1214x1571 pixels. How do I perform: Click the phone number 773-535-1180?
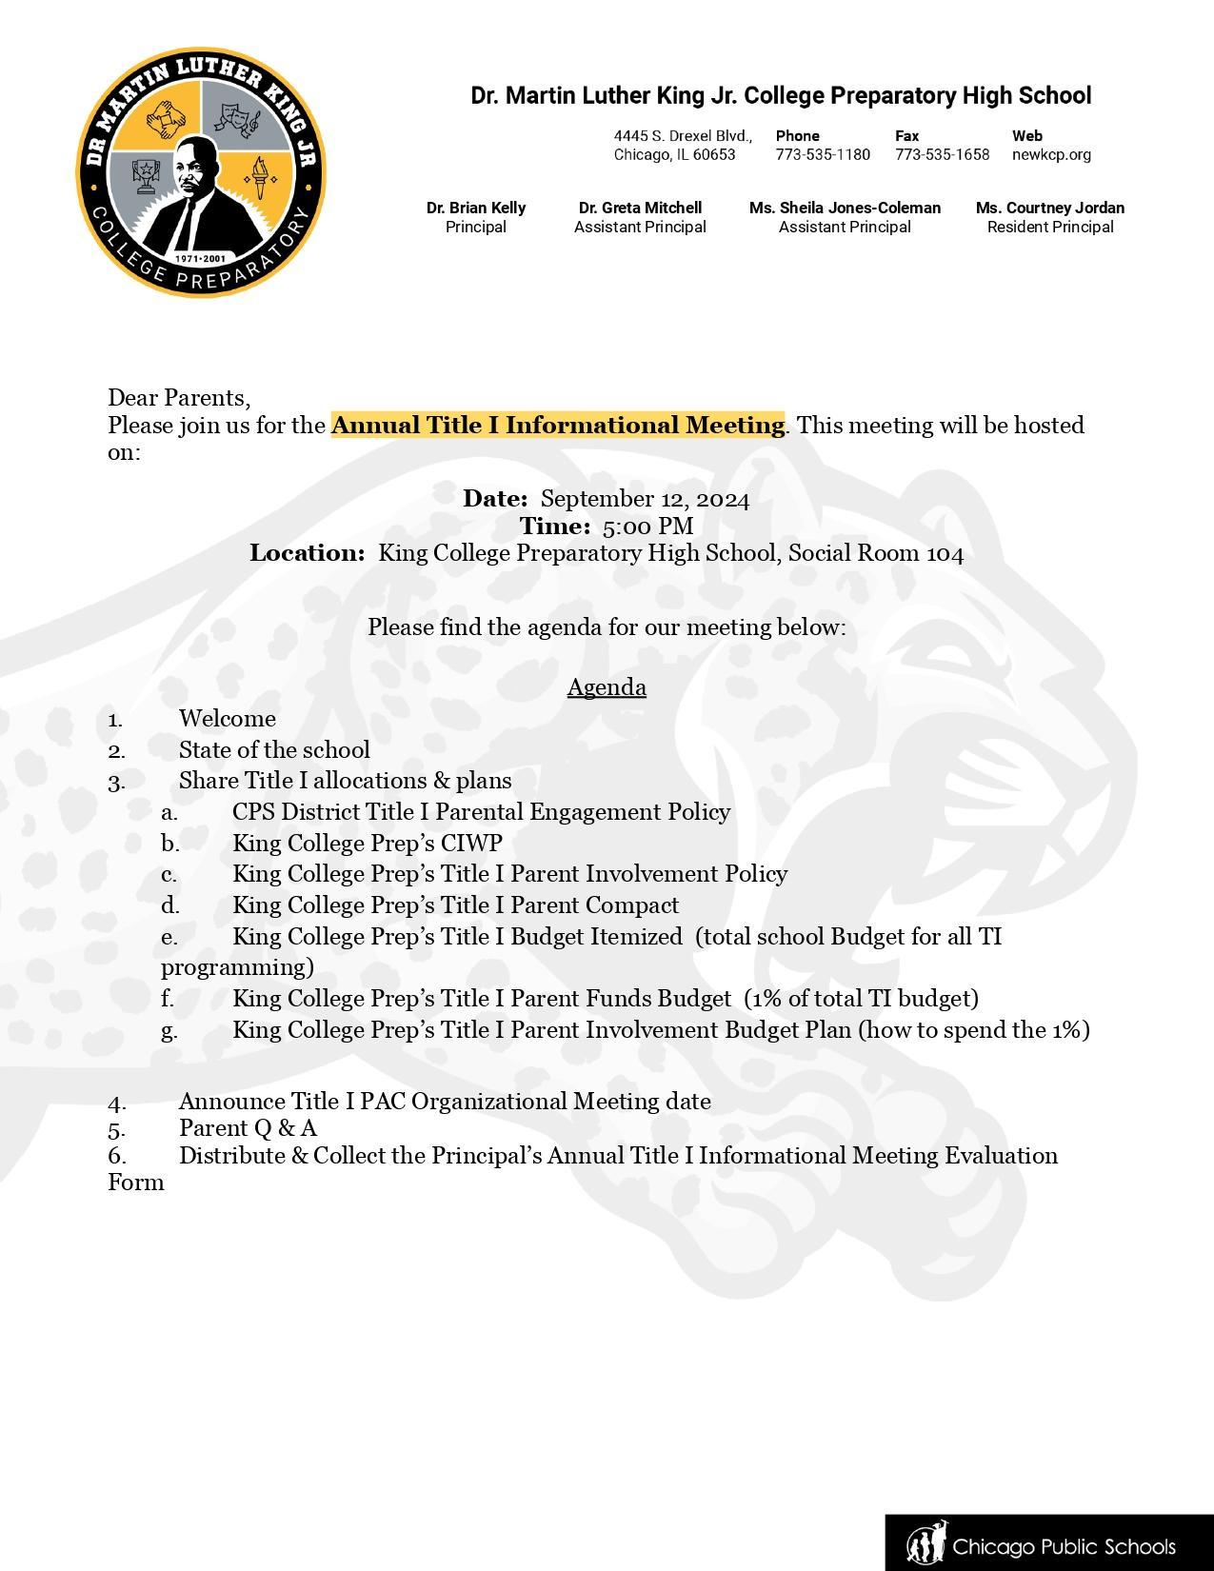(822, 154)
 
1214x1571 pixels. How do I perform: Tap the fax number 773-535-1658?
(942, 154)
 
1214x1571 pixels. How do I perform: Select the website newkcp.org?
(1051, 154)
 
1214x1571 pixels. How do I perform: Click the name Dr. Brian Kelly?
(476, 208)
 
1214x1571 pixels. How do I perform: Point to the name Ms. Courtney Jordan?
(1049, 208)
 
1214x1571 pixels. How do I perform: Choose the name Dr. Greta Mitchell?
(640, 208)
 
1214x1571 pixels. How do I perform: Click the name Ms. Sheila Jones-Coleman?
(845, 208)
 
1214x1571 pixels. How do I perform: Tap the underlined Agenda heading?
(607, 687)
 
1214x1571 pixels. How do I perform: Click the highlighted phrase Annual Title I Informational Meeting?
(557, 425)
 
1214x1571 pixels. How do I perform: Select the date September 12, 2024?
(645, 499)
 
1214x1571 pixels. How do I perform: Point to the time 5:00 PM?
(647, 526)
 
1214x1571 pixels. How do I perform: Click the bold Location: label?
(307, 553)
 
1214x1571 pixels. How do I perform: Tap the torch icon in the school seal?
(257, 176)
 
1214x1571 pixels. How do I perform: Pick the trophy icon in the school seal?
(146, 175)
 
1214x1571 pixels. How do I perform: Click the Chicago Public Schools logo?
(1047, 1544)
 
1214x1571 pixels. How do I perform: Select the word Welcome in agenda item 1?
(227, 719)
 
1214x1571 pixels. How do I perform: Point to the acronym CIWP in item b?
(470, 844)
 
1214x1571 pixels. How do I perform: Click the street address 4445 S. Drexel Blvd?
(682, 136)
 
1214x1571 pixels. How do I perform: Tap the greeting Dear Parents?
(179, 397)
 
